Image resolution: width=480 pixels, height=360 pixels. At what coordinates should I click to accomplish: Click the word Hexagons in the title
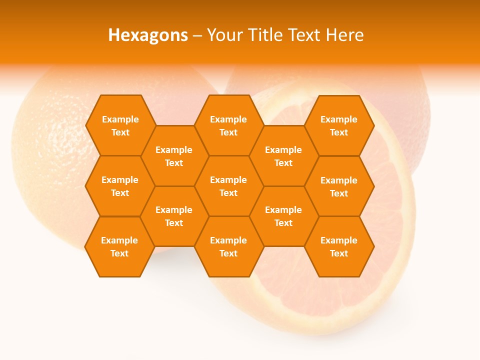pyautogui.click(x=148, y=35)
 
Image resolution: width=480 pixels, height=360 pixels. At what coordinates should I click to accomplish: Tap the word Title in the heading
pyautogui.click(x=265, y=35)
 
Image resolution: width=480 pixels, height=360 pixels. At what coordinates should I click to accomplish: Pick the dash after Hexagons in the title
pyautogui.click(x=197, y=35)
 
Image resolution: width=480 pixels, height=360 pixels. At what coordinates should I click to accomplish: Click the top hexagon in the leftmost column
pyautogui.click(x=120, y=125)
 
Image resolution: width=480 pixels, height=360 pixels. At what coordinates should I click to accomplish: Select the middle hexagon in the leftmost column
pyautogui.click(x=120, y=186)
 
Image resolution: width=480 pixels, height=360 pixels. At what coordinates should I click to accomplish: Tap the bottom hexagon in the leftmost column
pyautogui.click(x=119, y=246)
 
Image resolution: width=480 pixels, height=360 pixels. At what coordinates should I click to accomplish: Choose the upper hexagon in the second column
pyautogui.click(x=174, y=156)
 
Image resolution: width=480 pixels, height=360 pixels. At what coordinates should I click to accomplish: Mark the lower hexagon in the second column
pyautogui.click(x=174, y=216)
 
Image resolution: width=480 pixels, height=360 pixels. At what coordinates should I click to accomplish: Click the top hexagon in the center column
pyautogui.click(x=228, y=125)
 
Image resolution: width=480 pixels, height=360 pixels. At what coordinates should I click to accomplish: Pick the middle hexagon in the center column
pyautogui.click(x=228, y=186)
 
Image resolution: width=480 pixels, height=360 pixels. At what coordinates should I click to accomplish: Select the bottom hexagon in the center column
pyautogui.click(x=228, y=246)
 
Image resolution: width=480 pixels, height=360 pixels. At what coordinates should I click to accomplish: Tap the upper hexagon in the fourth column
pyautogui.click(x=283, y=156)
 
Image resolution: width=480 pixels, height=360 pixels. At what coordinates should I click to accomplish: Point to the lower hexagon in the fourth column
pyautogui.click(x=283, y=216)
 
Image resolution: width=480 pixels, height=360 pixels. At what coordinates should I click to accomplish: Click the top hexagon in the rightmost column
pyautogui.click(x=339, y=125)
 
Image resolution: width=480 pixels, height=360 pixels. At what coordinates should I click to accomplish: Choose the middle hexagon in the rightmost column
pyautogui.click(x=339, y=186)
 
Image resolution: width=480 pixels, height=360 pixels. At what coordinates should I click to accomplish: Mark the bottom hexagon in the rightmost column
pyautogui.click(x=339, y=246)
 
